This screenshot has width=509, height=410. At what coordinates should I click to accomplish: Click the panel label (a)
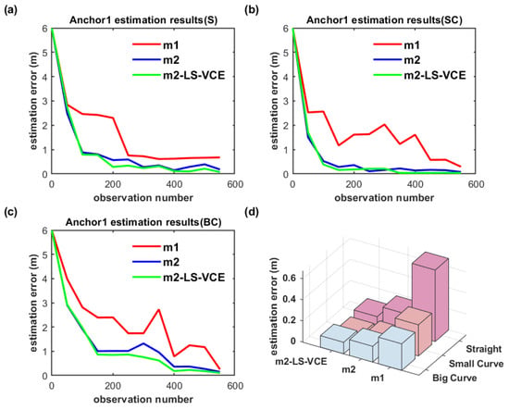click(x=9, y=10)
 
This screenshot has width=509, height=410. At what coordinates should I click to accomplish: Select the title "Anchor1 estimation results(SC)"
click(x=384, y=20)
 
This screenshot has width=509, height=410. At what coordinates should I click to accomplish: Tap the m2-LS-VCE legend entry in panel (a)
click(x=179, y=75)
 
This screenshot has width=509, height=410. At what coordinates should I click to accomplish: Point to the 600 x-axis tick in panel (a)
click(x=235, y=185)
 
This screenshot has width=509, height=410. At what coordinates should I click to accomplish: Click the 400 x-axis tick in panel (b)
click(x=415, y=185)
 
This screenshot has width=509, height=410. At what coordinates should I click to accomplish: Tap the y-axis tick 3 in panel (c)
click(x=45, y=303)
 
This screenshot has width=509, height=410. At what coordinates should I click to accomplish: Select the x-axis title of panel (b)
click(x=384, y=198)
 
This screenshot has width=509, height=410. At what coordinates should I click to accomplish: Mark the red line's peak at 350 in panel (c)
click(x=159, y=309)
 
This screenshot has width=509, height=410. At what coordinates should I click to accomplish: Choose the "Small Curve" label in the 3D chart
click(x=477, y=364)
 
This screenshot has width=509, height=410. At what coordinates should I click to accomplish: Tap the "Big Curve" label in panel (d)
click(x=454, y=378)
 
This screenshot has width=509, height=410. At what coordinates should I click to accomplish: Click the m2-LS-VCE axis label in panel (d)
click(x=301, y=361)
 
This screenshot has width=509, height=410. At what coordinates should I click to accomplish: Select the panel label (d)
click(x=251, y=212)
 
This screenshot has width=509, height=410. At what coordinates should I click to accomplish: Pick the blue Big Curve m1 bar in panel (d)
click(x=397, y=348)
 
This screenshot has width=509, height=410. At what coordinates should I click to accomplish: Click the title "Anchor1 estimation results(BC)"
click(x=143, y=222)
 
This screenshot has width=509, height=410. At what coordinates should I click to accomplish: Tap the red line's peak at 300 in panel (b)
click(x=384, y=125)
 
